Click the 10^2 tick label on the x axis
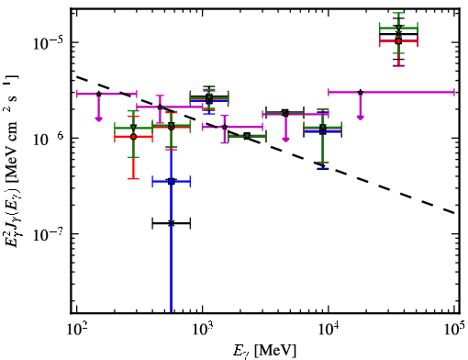coord(76,329)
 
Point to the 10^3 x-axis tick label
coord(203,329)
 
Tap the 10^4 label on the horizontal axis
coord(329,329)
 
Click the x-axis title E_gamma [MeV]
coord(264,351)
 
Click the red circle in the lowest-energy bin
coord(133,137)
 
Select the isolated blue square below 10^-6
coord(172,182)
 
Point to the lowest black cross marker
coord(172,223)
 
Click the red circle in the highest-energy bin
coord(398,41)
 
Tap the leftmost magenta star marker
coord(98,94)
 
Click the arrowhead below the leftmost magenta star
coord(98,118)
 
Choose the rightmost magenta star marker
coord(361,92)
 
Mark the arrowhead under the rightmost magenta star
coord(361,118)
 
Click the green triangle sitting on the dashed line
coord(247,136)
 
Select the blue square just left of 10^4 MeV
coord(322,131)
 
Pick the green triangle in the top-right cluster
coord(398,28)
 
